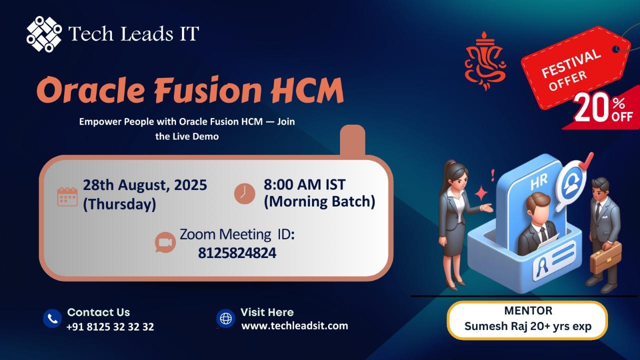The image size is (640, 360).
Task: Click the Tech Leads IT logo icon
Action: (44, 34)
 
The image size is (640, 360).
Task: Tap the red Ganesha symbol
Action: (485, 61)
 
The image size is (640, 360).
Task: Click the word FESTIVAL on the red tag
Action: (571, 63)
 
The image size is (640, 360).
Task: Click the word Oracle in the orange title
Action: (90, 89)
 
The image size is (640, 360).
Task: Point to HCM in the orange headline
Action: (307, 89)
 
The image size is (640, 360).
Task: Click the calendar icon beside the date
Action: (67, 196)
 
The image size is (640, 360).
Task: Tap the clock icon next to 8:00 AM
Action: (244, 193)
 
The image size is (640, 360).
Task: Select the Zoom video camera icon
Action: (165, 242)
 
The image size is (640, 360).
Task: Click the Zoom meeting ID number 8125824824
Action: (237, 253)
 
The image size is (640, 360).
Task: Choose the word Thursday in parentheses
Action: (119, 204)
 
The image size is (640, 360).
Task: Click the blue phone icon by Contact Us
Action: (52, 318)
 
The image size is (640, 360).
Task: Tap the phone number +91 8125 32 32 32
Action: (110, 326)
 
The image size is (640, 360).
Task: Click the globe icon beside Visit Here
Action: (225, 318)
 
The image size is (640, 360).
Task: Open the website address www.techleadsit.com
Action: (295, 325)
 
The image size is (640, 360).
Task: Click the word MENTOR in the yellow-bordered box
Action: (528, 310)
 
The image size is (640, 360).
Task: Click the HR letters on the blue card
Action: (539, 182)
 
